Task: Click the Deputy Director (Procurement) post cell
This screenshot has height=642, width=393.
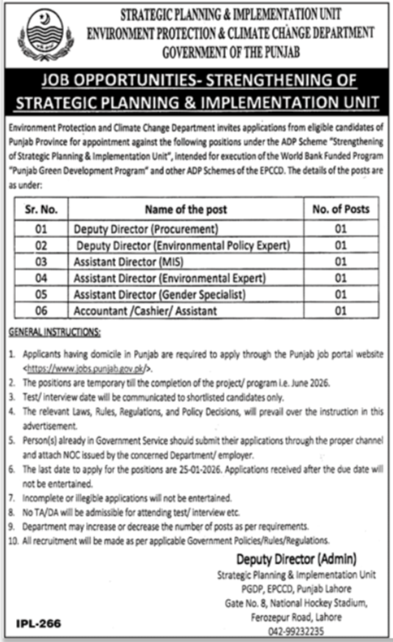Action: [146, 229]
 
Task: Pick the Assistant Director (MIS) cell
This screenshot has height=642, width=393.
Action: [126, 262]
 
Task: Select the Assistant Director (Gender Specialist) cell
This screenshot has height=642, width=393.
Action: [158, 294]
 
